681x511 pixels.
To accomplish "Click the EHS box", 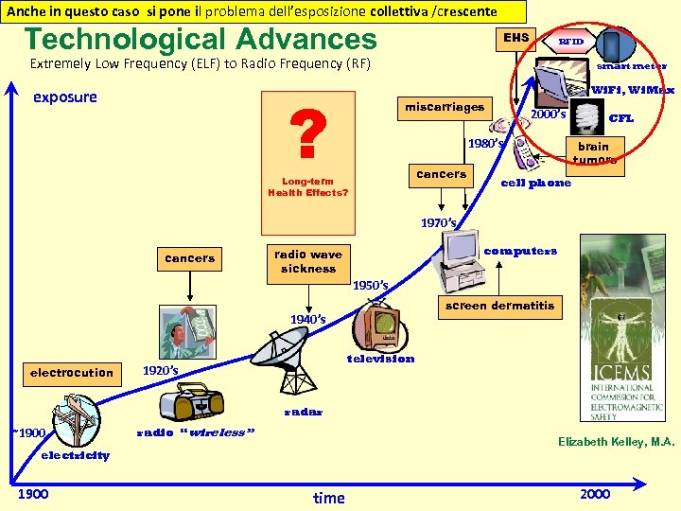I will pos(516,39).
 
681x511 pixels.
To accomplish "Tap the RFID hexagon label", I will pos(570,43).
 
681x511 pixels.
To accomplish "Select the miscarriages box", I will pos(445,108).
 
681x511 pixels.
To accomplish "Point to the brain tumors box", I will pos(593,152).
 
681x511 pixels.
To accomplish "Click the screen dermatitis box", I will pos(499,307).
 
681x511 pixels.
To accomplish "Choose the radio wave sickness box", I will pos(307,261).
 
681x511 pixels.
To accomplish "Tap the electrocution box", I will pos(71,373).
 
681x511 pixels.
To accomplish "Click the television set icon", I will pos(381,324).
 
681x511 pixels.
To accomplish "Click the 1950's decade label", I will pos(370,285).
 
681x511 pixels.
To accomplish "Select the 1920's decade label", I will pos(160,369).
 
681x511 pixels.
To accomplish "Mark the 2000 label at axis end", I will pos(595,494).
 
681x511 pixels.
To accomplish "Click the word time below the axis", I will pos(328,498).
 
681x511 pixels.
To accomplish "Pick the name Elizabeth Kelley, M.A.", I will pos(616,442).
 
